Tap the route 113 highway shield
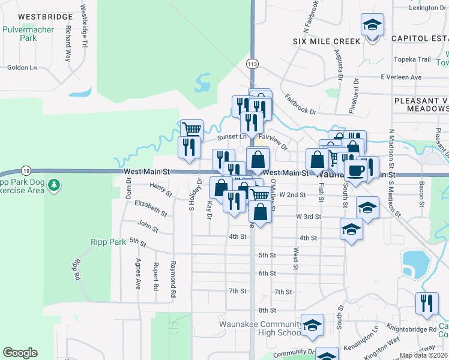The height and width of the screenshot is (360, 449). pyautogui.click(x=252, y=62)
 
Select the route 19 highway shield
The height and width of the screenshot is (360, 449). pyautogui.click(x=25, y=170)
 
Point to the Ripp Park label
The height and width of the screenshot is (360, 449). pyautogui.click(x=107, y=241)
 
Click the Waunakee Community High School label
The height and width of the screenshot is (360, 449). pyautogui.click(x=260, y=328)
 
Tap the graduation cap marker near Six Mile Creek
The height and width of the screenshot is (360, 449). pyautogui.click(x=372, y=26)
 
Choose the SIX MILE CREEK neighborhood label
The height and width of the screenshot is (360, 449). pyautogui.click(x=327, y=41)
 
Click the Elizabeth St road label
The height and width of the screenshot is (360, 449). pyautogui.click(x=151, y=208)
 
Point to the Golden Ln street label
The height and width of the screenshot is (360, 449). pyautogui.click(x=22, y=68)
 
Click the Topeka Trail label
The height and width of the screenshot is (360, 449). pyautogui.click(x=413, y=59)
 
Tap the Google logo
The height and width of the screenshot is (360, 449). pyautogui.click(x=20, y=353)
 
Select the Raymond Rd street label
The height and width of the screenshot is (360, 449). pyautogui.click(x=173, y=279)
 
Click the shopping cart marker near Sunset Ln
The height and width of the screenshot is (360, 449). pyautogui.click(x=191, y=129)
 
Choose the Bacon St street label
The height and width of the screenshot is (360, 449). pyautogui.click(x=422, y=192)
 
